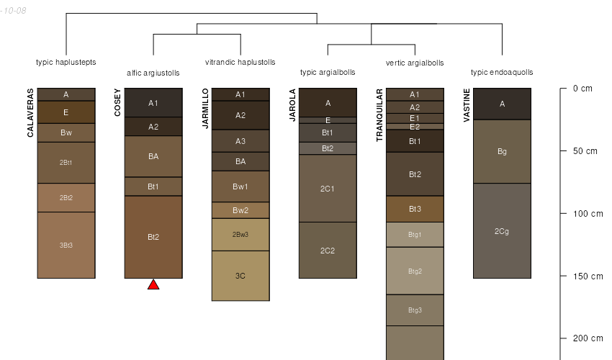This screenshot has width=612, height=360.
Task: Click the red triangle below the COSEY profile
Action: click(153, 285)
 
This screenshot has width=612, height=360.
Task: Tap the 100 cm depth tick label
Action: click(588, 214)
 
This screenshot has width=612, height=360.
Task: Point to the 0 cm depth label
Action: click(582, 89)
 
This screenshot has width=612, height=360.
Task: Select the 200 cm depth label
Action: click(588, 338)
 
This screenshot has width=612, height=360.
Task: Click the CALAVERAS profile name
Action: click(30, 113)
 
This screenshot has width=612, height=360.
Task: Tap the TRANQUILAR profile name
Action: click(379, 115)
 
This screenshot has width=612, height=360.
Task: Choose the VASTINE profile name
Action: click(467, 105)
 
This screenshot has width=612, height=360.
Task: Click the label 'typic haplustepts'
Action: click(66, 62)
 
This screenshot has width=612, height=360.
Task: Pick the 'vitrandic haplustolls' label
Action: click(240, 62)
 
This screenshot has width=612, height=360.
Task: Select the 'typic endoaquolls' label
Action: click(502, 72)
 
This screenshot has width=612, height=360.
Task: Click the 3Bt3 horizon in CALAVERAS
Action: click(66, 246)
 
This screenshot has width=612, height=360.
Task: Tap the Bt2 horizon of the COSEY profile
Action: click(153, 237)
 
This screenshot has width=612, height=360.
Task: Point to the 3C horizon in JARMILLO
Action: click(240, 276)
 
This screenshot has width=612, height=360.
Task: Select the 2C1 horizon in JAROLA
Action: click(328, 189)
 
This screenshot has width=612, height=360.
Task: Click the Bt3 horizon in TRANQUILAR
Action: click(415, 209)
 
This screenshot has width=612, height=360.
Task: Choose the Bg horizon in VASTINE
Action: click(502, 151)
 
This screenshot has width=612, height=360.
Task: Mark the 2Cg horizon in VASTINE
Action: click(502, 230)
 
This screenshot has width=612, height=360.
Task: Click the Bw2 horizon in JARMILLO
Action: click(240, 210)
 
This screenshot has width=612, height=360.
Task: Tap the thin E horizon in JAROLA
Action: click(328, 120)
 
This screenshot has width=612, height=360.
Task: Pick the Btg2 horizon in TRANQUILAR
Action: click(415, 271)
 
